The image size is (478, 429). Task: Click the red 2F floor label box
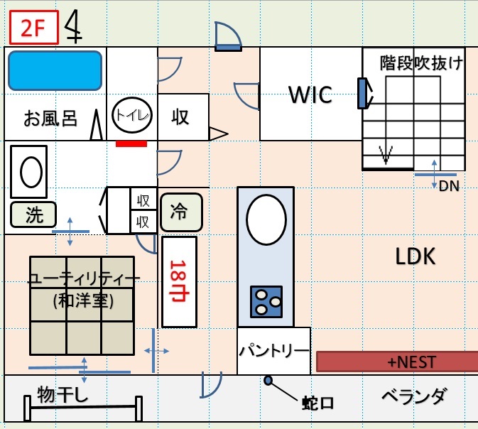[34, 28]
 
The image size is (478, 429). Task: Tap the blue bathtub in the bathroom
[55, 71]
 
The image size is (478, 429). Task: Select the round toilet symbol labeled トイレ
[132, 115]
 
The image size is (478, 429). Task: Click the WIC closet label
[310, 95]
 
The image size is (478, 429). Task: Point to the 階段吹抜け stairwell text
[421, 63]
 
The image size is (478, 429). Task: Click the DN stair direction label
[449, 186]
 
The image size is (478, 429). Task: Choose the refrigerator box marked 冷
[181, 212]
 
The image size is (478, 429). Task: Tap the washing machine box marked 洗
[33, 214]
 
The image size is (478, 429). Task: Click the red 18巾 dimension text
[179, 281]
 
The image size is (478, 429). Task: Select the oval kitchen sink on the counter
[266, 219]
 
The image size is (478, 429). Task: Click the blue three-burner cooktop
[266, 302]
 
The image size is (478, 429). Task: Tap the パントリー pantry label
[274, 351]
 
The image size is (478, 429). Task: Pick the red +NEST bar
[397, 362]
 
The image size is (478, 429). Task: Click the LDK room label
[415, 256]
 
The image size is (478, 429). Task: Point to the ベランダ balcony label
[415, 396]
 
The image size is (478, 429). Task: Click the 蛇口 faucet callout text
[318, 403]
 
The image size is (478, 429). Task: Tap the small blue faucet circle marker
[268, 380]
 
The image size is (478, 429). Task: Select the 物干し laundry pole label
[63, 394]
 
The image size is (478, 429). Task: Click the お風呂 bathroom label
[50, 119]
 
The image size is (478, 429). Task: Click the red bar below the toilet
[131, 143]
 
